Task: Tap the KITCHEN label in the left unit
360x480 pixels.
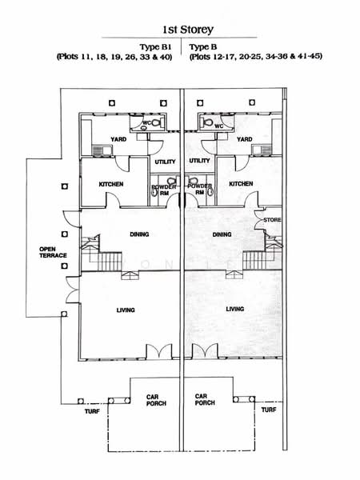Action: (x=110, y=184)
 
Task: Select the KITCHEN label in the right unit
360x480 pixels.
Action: (x=241, y=183)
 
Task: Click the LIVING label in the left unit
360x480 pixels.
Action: (x=125, y=310)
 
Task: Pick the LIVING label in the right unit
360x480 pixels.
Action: (x=234, y=309)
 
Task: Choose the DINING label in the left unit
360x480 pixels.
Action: (x=140, y=234)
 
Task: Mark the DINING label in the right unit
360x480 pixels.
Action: (x=222, y=234)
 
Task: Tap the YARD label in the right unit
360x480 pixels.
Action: (x=245, y=139)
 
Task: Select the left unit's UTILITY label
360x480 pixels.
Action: (x=165, y=161)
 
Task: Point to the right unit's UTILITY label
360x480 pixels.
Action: (x=199, y=161)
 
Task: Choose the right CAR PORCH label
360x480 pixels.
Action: (x=205, y=399)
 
